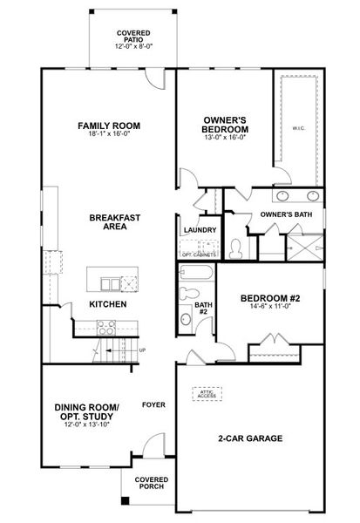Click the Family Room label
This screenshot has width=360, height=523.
tap(109, 126)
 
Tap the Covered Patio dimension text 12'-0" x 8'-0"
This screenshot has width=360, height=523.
tap(133, 46)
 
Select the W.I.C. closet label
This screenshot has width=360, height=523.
tap(299, 128)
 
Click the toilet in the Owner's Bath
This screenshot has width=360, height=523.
tap(236, 248)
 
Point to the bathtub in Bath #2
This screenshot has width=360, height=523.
tap(196, 272)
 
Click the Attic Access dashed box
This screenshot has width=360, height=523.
tap(207, 394)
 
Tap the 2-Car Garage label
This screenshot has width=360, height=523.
tap(250, 438)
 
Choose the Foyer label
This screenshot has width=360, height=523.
tap(153, 404)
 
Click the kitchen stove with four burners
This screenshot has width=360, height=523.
tap(106, 328)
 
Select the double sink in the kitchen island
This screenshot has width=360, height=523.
tap(111, 284)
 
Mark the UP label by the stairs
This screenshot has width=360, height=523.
tap(142, 350)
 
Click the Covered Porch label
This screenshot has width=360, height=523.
tap(152, 483)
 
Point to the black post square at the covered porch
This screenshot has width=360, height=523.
tap(125, 500)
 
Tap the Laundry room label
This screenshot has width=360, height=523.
tap(200, 230)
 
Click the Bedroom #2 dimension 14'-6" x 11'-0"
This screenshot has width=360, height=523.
tap(270, 306)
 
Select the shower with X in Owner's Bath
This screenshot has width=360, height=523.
tap(305, 248)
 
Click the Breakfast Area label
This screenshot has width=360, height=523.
tap(115, 221)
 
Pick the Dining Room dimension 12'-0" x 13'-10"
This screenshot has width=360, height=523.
tap(87, 425)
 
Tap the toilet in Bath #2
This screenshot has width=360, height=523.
tap(188, 293)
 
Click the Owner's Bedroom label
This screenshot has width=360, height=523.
tap(225, 125)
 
